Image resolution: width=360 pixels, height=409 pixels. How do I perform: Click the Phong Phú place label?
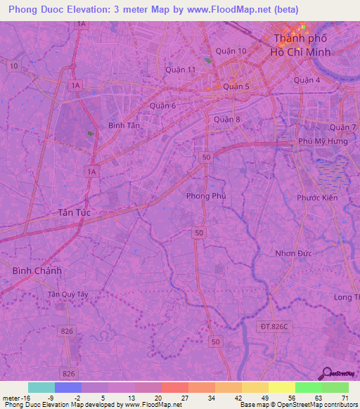click(206, 196)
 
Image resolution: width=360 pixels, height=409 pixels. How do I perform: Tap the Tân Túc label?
click(74, 212)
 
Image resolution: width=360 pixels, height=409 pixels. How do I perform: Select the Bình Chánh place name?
click(37, 271)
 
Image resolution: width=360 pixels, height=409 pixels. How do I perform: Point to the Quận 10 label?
click(231, 51)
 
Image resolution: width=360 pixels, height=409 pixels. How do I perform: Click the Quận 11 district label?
click(179, 70)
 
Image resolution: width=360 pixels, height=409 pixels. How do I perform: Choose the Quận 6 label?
click(162, 105)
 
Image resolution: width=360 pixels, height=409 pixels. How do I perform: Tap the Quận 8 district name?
click(227, 119)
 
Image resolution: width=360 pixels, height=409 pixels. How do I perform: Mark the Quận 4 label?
click(307, 80)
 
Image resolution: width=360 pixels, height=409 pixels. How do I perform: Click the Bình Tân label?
click(124, 124)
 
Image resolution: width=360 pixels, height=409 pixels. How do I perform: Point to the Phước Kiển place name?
click(318, 197)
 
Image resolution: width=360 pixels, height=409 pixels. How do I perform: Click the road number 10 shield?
click(14, 65)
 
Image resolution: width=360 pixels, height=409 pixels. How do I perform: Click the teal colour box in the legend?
click(41, 387)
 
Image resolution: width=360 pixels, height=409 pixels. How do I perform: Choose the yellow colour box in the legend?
click(281, 387)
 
